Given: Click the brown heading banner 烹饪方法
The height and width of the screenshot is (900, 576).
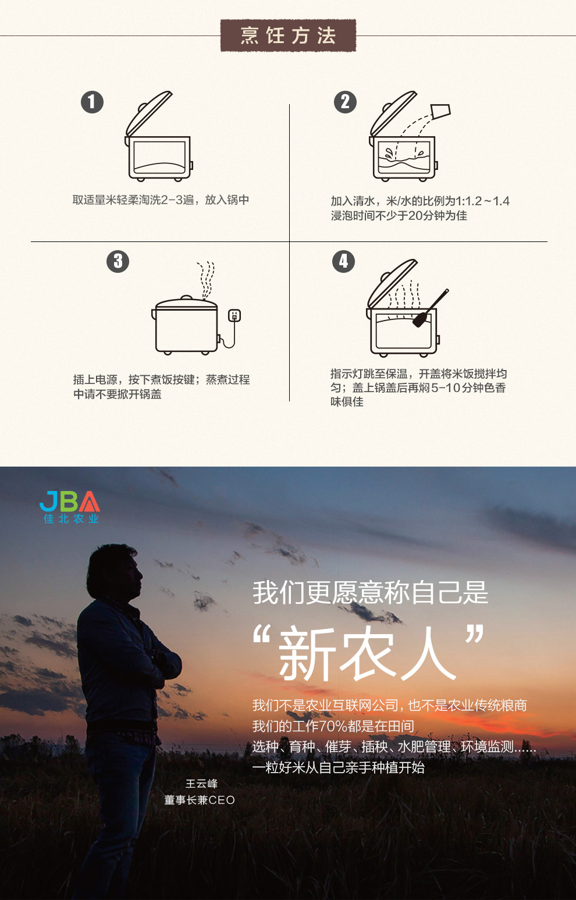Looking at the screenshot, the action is point(288,35).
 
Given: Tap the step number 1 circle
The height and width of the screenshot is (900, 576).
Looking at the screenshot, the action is point(92,102).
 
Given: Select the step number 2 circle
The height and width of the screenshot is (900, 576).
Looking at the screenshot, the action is point(345,102).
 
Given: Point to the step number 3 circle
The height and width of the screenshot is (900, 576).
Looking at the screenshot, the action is point(118,262).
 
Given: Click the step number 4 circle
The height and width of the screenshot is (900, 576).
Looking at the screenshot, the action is point(343,262).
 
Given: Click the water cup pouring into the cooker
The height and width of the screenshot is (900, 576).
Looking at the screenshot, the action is point(440,111).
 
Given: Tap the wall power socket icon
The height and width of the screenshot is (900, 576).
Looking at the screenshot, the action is point(234,315).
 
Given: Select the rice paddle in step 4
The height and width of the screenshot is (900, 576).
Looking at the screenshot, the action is point(431,308).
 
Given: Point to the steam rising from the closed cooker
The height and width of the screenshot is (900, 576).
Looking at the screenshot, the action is point(206,280).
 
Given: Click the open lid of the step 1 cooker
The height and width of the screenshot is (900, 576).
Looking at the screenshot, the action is point(149,113).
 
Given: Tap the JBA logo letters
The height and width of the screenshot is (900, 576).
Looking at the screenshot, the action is point(70,501).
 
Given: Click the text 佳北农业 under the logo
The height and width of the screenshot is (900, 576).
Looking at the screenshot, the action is point(71,519).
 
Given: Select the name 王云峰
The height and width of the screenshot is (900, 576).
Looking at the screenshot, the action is point(201,784).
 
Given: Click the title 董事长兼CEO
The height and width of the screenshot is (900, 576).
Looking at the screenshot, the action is point(200,800).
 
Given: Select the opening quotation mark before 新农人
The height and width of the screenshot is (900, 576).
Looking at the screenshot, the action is point(261,635).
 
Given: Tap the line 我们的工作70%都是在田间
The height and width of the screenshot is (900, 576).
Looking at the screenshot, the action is point(333,725).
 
